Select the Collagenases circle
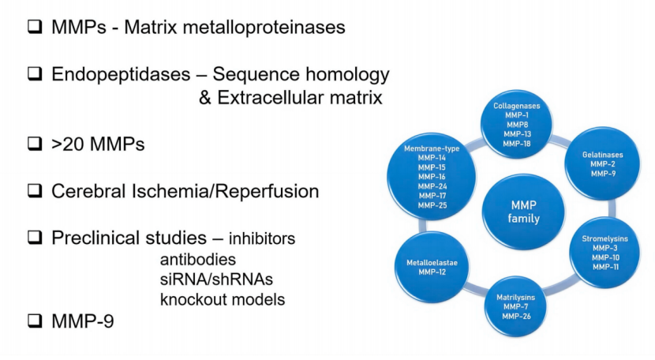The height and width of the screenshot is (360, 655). click(x=517, y=124)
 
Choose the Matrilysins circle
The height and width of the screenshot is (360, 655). click(x=517, y=306)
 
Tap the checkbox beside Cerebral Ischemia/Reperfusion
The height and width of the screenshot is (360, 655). click(x=34, y=190)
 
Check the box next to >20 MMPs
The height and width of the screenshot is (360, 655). click(x=34, y=144)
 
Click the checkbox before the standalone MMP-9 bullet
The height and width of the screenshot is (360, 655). click(x=34, y=321)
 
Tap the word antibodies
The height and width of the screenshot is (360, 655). click(x=198, y=259)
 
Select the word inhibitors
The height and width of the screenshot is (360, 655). click(x=263, y=238)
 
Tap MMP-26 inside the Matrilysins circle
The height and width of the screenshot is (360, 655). click(x=517, y=317)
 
